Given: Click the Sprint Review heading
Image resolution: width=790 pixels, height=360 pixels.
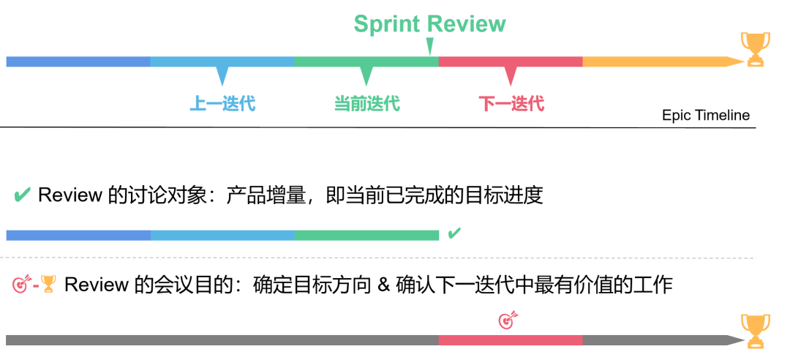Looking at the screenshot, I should (x=430, y=24).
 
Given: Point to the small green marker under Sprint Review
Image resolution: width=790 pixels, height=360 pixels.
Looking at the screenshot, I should (x=429, y=48).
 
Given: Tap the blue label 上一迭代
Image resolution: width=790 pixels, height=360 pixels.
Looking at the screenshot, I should (x=222, y=103).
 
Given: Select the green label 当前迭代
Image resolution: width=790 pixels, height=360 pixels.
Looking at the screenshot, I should (x=366, y=103).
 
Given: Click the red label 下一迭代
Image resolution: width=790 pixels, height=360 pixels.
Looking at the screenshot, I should (x=511, y=103).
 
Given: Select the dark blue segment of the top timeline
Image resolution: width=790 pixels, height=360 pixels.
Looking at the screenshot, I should (x=78, y=61).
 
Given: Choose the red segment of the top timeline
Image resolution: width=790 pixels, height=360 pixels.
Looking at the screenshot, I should (x=511, y=61).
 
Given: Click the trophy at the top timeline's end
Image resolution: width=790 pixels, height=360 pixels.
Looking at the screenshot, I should (x=755, y=49).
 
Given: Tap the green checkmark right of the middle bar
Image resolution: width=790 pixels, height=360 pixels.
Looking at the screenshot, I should (x=454, y=233).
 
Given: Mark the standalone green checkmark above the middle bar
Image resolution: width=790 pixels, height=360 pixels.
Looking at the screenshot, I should (x=23, y=195).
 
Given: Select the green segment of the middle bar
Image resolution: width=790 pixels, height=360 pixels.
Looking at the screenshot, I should (x=367, y=235).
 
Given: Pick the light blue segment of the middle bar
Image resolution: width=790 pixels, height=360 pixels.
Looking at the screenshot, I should (x=222, y=235).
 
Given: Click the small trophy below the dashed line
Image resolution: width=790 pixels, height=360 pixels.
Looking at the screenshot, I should (x=48, y=284).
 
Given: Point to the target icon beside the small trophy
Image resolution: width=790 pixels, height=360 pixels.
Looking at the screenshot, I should (x=22, y=284).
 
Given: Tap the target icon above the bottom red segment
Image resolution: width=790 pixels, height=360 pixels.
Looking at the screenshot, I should (x=508, y=320).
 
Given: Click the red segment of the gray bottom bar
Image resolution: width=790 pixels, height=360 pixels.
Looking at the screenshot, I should (x=511, y=340).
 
